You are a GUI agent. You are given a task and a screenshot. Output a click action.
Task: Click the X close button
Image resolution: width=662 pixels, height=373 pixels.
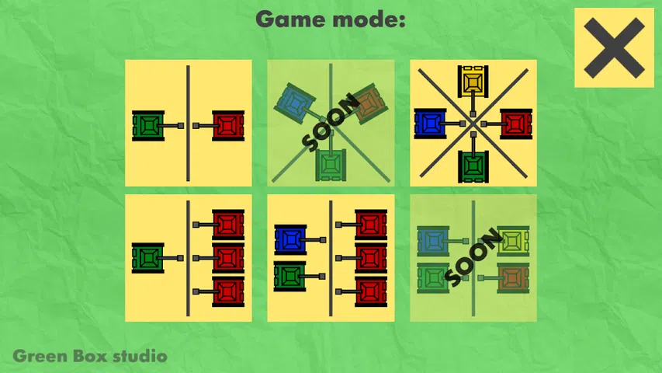[x=613, y=47]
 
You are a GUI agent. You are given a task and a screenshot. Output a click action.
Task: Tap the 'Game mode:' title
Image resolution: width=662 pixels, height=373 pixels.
[x=331, y=19]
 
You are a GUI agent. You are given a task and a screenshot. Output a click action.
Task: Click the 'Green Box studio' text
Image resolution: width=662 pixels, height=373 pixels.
[x=90, y=357]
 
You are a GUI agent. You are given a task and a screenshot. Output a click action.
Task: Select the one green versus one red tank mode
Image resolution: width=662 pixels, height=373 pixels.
[x=189, y=124]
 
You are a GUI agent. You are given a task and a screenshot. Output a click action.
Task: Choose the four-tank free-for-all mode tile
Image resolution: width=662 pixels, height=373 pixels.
[x=473, y=124]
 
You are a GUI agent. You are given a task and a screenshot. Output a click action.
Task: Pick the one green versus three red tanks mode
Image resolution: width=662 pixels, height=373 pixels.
[x=189, y=258]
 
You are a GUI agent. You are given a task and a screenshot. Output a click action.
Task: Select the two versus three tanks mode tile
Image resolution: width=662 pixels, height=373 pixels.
[x=331, y=258]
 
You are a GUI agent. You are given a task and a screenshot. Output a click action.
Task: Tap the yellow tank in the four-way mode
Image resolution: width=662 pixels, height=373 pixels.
[x=473, y=82]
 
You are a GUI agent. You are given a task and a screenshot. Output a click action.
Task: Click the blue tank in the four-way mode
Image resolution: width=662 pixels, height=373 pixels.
[x=429, y=124]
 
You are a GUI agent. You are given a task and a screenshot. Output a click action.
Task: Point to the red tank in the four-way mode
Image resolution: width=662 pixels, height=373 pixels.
[x=515, y=124]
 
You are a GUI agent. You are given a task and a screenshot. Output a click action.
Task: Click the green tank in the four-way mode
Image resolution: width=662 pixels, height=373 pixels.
[x=473, y=166]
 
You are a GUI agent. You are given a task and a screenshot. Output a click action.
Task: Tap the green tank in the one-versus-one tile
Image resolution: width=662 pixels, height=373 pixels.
[x=148, y=124]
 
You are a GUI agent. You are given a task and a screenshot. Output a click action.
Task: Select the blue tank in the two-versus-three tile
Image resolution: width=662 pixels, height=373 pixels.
[x=290, y=240]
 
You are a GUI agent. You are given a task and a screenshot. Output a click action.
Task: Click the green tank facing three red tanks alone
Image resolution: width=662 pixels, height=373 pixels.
[x=148, y=258]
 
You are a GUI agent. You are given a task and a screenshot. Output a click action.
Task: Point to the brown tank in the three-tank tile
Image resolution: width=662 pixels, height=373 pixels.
[x=369, y=104]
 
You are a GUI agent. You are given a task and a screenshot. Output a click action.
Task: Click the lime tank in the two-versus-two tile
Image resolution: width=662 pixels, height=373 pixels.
[x=513, y=240]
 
